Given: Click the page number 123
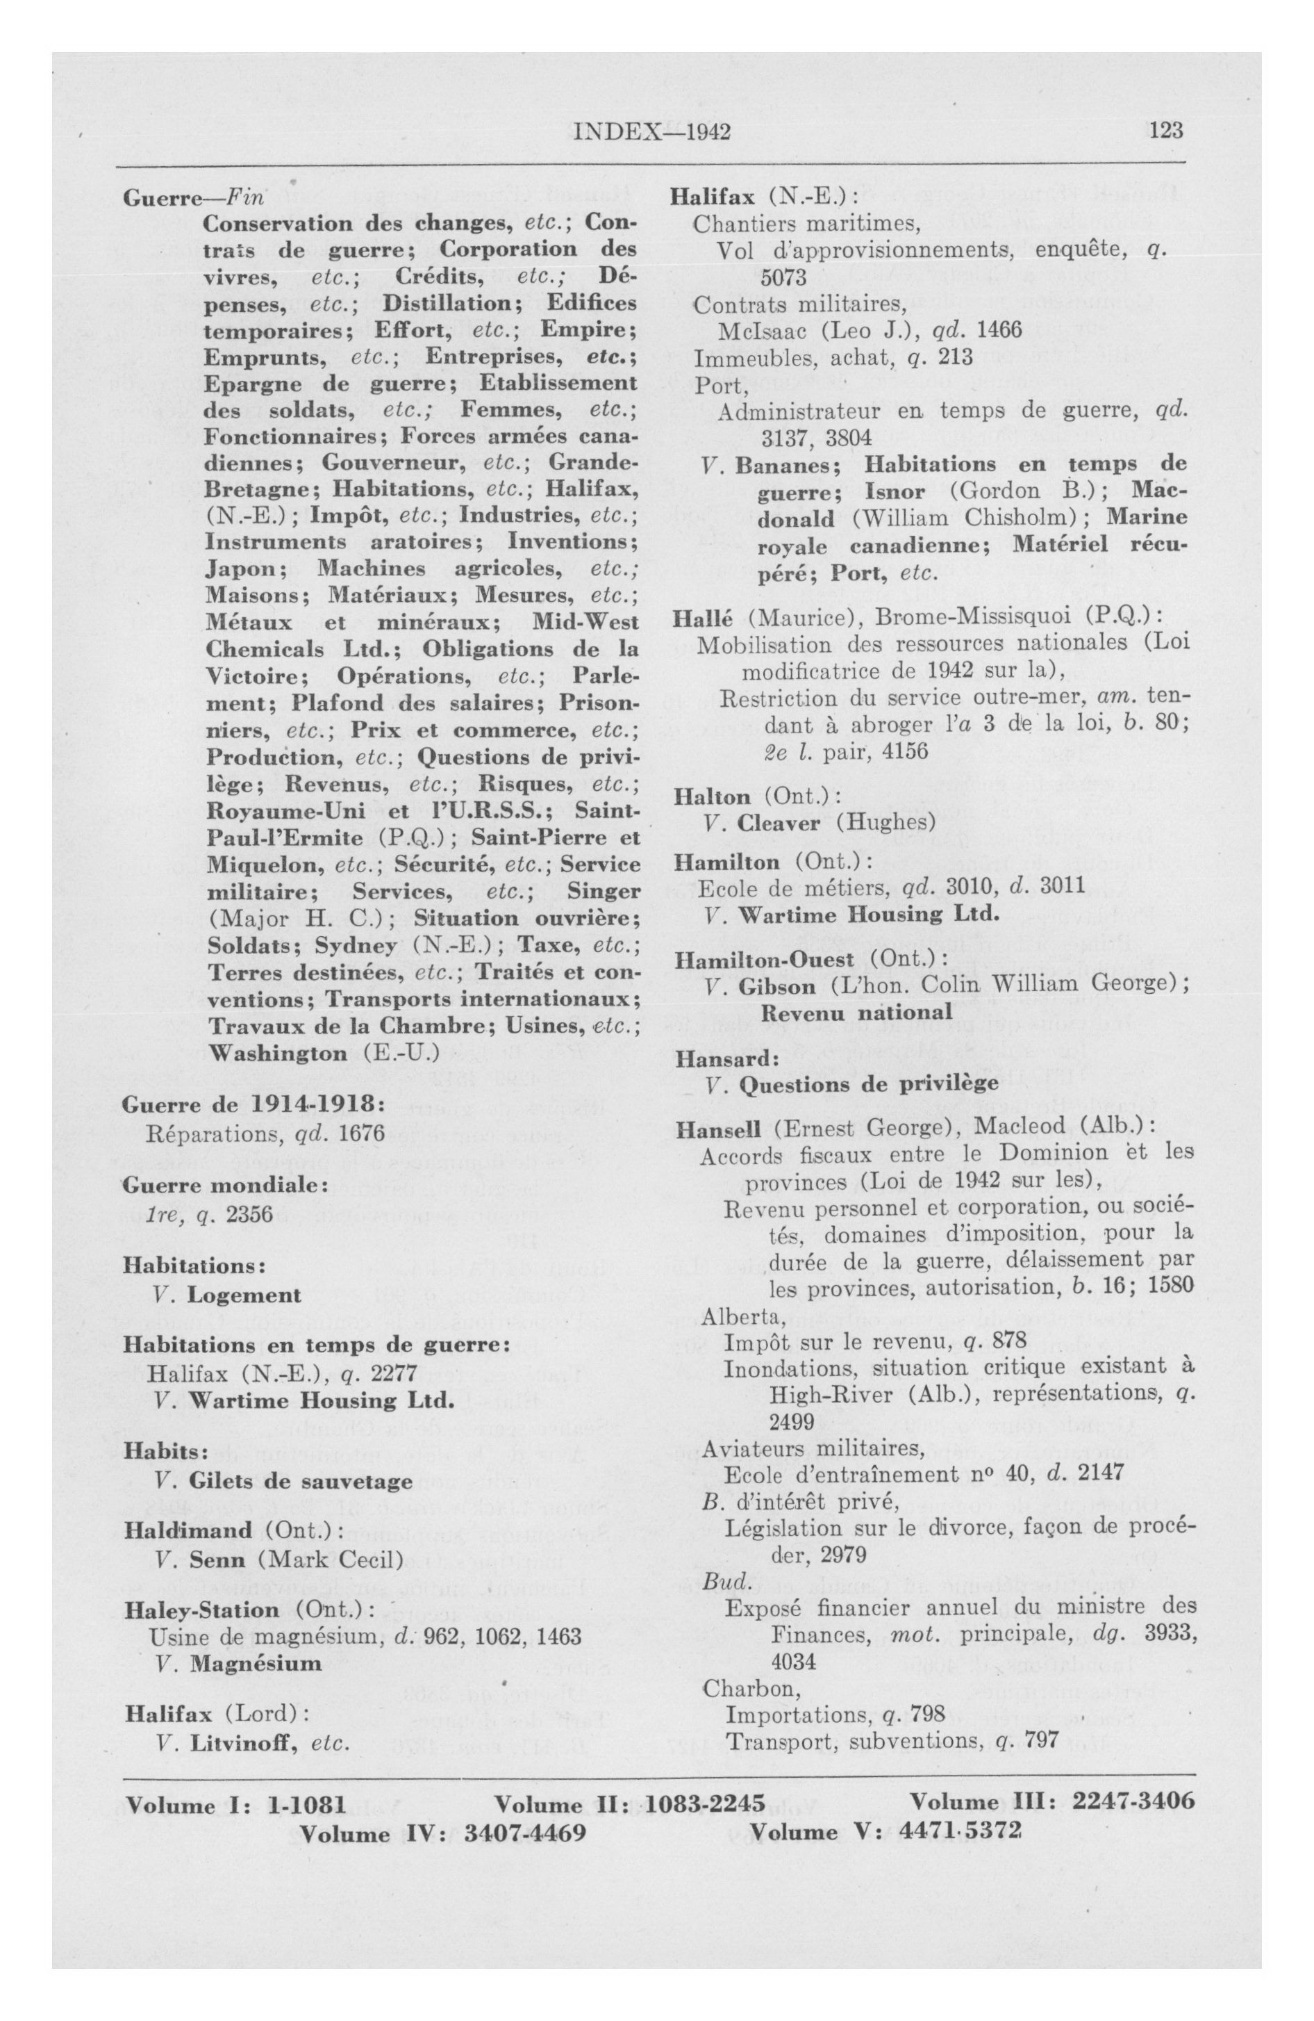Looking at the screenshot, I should click(1162, 130).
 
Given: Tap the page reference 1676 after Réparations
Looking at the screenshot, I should click(362, 1134).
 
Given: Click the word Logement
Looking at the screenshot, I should click(244, 1294).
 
